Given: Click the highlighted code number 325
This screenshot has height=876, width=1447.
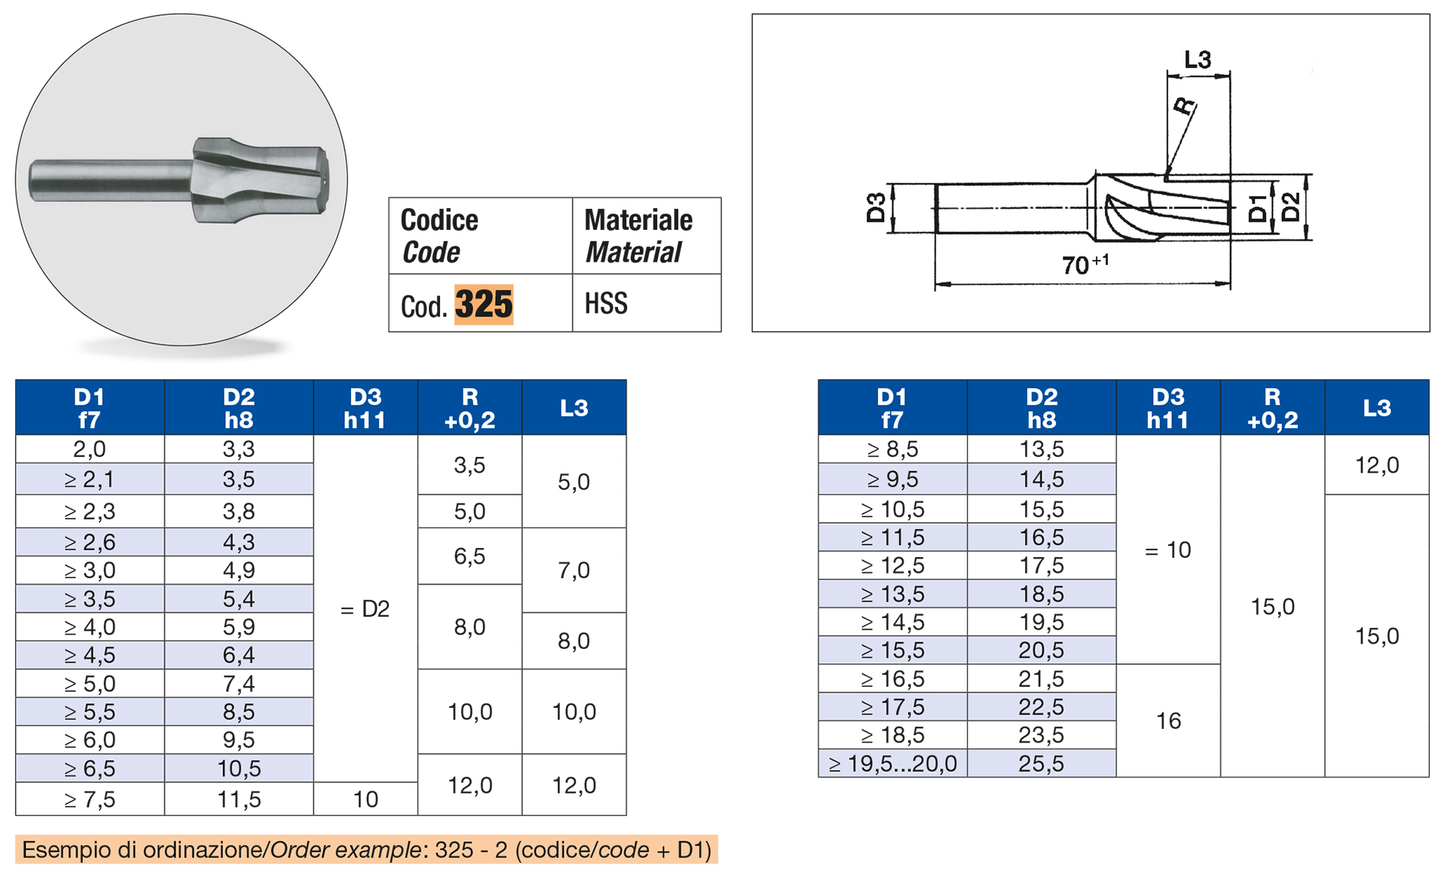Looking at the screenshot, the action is pyautogui.click(x=484, y=305).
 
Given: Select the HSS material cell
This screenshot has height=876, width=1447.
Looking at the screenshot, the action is pyautogui.click(x=647, y=303).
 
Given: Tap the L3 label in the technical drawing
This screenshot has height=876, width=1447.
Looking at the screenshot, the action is pyautogui.click(x=1198, y=60).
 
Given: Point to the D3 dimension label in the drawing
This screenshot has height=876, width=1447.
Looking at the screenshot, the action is pyautogui.click(x=876, y=207).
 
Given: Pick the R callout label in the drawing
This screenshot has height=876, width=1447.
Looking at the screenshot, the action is pyautogui.click(x=1185, y=106).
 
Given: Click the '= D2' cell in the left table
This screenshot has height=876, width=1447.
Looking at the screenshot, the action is pyautogui.click(x=366, y=608).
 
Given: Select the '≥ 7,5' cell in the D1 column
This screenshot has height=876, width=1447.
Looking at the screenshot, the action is pyautogui.click(x=90, y=799).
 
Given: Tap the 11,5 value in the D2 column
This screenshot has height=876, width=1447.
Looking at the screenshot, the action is pyautogui.click(x=239, y=799).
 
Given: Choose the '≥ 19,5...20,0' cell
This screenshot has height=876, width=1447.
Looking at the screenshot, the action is pyautogui.click(x=893, y=764).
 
